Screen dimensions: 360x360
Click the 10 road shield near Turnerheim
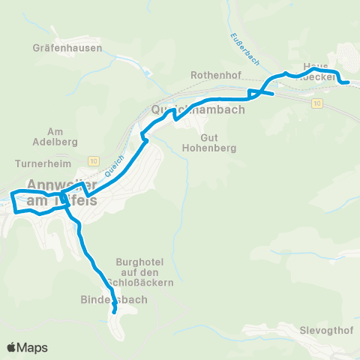[93, 160]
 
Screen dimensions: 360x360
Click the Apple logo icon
[12, 347]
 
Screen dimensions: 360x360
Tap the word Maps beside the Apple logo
[32, 347]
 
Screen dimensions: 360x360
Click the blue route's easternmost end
[348, 82]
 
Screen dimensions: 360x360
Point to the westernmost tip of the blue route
[10, 196]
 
